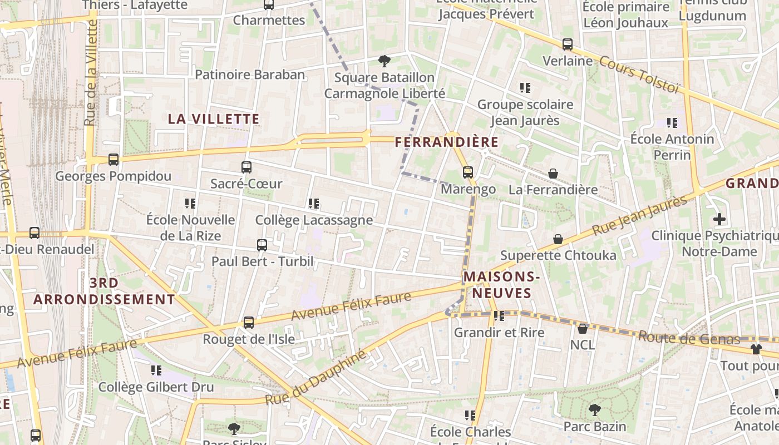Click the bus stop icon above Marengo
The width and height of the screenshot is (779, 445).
[x=467, y=172]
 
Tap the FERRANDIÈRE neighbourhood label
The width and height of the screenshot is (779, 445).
[x=446, y=142]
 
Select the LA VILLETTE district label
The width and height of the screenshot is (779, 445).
[x=214, y=119]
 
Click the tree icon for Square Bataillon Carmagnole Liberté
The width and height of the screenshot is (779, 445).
[x=384, y=61]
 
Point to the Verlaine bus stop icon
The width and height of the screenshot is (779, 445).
[x=567, y=44]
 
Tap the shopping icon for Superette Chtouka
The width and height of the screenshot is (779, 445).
[x=558, y=239]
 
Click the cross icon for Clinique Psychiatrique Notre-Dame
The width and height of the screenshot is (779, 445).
[x=719, y=219]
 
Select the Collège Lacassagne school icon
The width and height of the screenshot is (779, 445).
[x=314, y=204]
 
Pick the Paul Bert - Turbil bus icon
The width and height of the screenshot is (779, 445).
[x=262, y=245]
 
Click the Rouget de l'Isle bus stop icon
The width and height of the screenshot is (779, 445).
[x=249, y=323]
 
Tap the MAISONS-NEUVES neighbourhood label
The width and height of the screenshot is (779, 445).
[x=502, y=285]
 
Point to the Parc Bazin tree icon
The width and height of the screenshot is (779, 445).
[x=594, y=411]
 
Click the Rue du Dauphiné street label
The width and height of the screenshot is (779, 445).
[x=316, y=377]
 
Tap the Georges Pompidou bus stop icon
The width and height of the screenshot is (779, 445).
[x=114, y=160]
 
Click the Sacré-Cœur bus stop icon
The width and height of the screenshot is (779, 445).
[x=246, y=167]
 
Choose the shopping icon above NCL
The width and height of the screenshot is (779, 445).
[x=583, y=329]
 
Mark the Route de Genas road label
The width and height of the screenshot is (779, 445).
[x=689, y=338]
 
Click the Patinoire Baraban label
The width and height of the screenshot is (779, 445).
[x=250, y=75]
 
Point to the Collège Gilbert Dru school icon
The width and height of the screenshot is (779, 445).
[x=156, y=370]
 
